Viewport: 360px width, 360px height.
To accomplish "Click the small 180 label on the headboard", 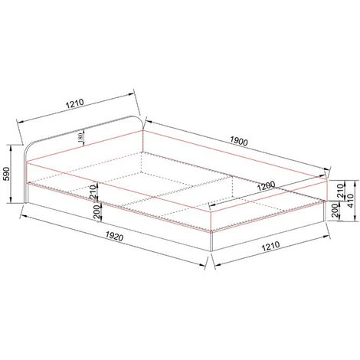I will point(80,136).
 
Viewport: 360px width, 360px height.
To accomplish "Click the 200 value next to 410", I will point(334,211).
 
